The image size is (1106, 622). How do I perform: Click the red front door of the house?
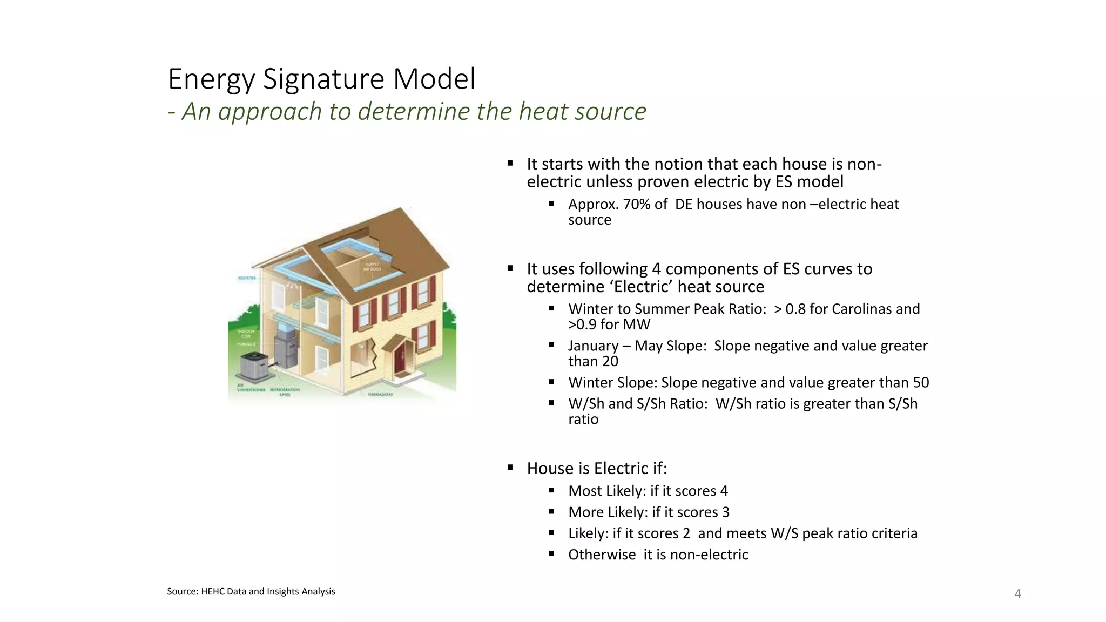click(400, 360)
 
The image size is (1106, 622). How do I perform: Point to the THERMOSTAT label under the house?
click(381, 395)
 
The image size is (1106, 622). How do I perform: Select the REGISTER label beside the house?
click(247, 278)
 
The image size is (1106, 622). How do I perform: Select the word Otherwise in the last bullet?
click(602, 555)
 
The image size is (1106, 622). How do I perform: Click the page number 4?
click(1018, 594)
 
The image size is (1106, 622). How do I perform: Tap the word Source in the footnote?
click(182, 592)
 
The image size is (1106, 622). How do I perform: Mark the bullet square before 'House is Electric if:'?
click(510, 468)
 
